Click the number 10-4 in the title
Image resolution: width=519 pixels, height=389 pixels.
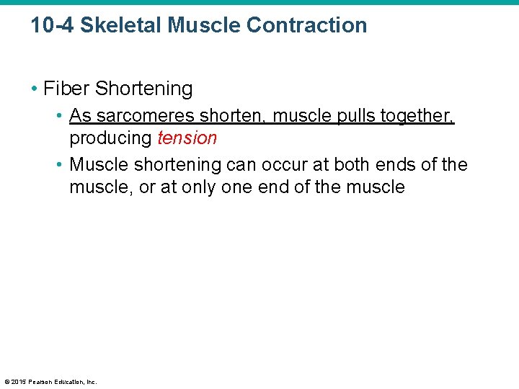click(x=51, y=25)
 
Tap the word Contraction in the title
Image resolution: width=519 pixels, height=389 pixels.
click(x=306, y=25)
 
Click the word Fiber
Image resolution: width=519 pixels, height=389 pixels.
click(x=67, y=89)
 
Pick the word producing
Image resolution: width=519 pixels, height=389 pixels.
click(x=111, y=138)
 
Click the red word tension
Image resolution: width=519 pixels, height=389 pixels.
click(x=187, y=138)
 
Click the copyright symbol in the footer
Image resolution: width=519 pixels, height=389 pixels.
click(x=6, y=382)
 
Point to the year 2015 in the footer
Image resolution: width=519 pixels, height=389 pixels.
click(x=19, y=382)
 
